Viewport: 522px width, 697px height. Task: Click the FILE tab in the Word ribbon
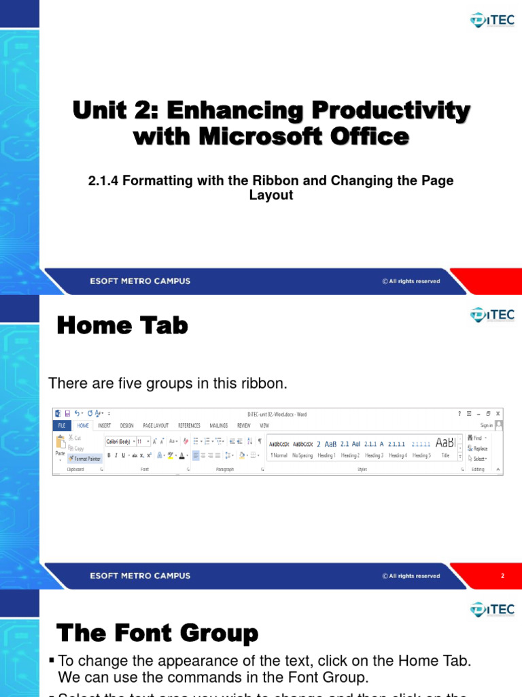[61, 425]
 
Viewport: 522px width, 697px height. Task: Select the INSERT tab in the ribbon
[104, 425]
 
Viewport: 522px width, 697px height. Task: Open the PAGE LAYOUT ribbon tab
[156, 425]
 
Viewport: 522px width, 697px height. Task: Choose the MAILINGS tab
[219, 425]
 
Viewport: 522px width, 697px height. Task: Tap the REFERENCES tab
[189, 425]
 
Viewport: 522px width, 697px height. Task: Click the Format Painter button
[85, 458]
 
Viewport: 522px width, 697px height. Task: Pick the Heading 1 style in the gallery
[326, 455]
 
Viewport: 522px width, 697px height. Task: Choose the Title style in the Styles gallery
[445, 455]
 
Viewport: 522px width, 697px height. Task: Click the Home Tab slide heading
[122, 326]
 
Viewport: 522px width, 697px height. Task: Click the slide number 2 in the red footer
[502, 576]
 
